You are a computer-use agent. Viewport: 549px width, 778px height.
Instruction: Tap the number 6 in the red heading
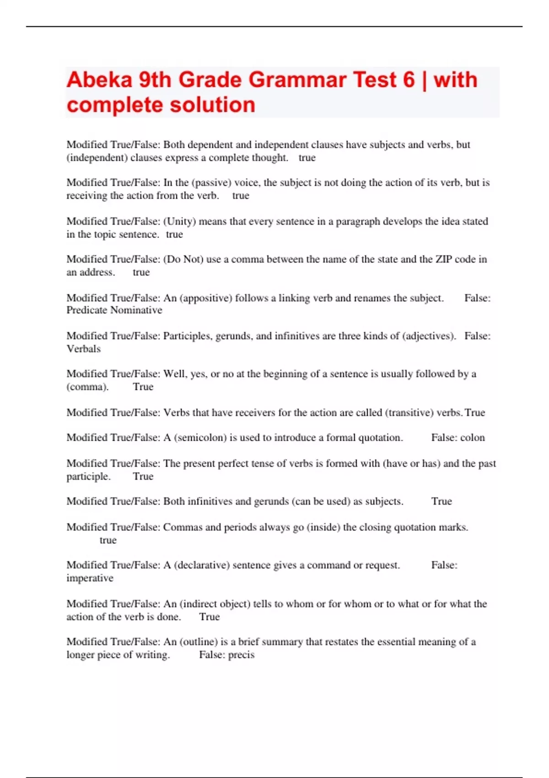pos(409,80)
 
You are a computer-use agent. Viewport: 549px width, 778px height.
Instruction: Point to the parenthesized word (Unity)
pos(180,222)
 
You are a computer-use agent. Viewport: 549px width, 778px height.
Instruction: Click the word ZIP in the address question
pos(443,259)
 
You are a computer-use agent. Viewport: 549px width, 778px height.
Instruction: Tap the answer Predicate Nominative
pos(114,310)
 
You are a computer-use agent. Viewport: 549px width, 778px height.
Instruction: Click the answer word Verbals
pos(83,349)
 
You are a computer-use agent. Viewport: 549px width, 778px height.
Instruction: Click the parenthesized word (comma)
pos(87,387)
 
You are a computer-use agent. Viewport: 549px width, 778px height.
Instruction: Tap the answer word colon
pos(473,438)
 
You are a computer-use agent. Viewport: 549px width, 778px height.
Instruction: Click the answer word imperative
pos(90,578)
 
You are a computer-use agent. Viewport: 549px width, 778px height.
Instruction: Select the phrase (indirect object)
pos(215,604)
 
